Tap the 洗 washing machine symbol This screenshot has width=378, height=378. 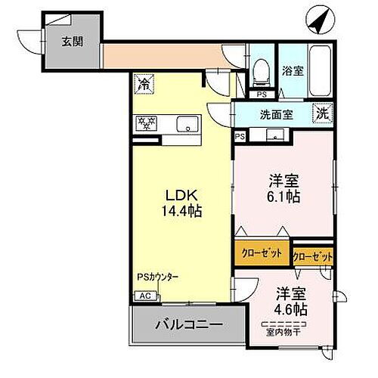point(323,115)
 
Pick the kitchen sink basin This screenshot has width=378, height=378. point(185,124)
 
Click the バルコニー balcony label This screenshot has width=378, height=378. point(189,327)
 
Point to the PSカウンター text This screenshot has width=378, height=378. point(156,277)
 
